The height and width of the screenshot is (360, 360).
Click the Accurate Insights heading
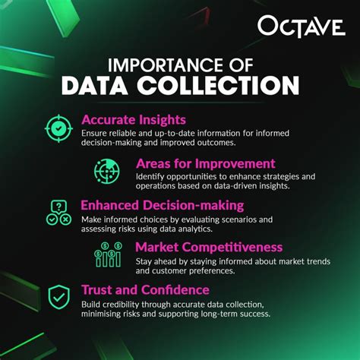[133, 119]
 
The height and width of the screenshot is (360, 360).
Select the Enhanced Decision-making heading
[162, 205]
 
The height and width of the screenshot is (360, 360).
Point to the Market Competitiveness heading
[208, 247]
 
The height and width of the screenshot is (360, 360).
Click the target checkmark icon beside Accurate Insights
[58, 128]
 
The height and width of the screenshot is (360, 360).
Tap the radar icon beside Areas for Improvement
[107, 170]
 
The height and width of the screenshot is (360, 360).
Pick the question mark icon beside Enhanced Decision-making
[58, 213]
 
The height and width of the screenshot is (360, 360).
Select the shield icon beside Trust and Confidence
[58, 298]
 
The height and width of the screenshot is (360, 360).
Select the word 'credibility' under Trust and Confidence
[120, 304]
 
